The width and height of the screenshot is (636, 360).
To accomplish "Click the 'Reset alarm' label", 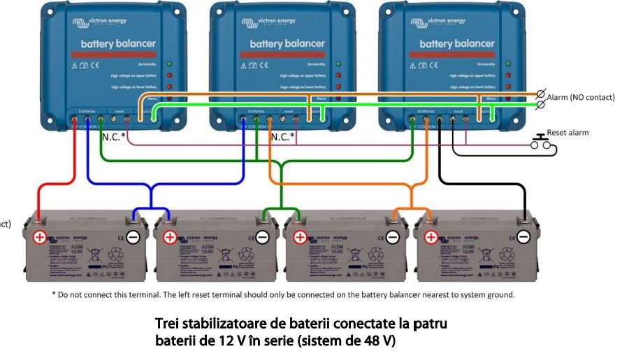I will [x=567, y=132].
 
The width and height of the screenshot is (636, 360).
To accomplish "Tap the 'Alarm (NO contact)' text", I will [x=580, y=97].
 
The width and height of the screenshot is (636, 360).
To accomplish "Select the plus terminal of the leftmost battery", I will [x=40, y=237].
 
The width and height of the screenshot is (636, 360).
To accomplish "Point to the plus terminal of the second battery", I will [x=170, y=237].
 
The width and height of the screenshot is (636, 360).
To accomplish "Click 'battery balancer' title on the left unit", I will [x=118, y=44].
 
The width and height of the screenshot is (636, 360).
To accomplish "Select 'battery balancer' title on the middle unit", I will [x=287, y=43].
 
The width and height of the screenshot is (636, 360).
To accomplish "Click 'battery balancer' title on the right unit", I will [x=456, y=44].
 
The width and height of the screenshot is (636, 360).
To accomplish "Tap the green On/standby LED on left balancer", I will [x=168, y=64].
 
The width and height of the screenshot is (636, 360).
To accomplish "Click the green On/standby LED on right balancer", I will [x=507, y=64].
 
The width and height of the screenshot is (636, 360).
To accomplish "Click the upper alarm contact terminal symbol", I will [x=540, y=94].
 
